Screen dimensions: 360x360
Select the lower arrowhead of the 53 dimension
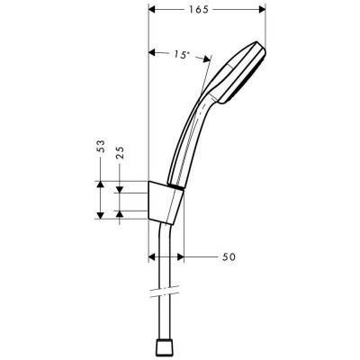99,216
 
